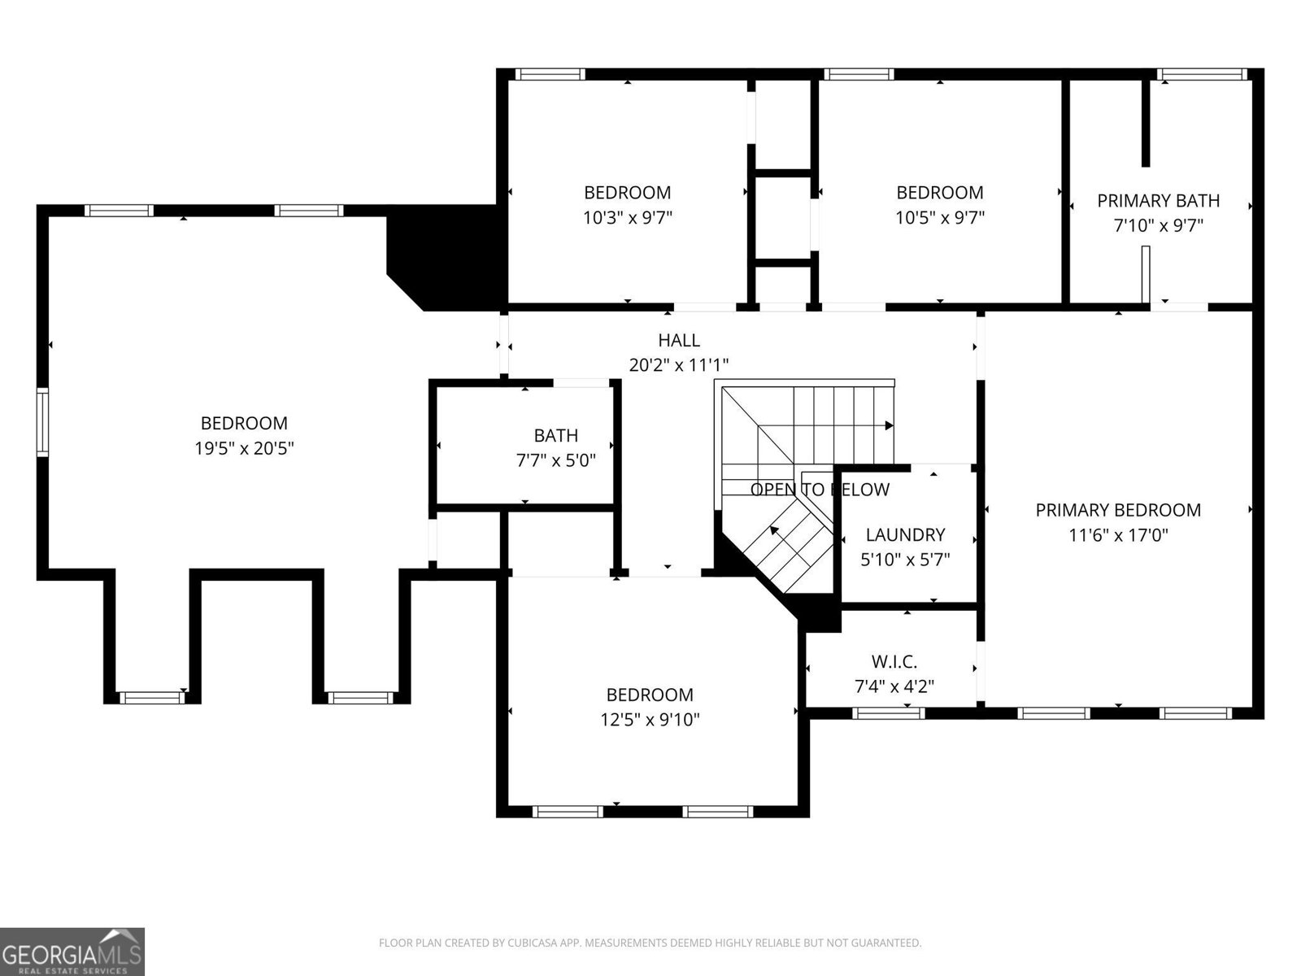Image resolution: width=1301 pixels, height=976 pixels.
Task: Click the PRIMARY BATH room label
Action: (x=1158, y=200)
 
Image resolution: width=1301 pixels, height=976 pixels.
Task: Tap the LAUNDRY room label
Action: (x=905, y=534)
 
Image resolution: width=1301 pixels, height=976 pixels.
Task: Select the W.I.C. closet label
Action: (x=894, y=661)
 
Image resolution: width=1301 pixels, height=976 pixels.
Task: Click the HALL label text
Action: (x=678, y=340)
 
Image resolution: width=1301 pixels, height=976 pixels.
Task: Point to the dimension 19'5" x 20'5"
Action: (x=244, y=448)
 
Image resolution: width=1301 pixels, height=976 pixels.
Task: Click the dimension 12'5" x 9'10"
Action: (x=650, y=720)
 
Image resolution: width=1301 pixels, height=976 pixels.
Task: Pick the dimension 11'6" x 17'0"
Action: (x=1118, y=535)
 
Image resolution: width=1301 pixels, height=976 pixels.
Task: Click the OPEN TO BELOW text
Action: (x=820, y=490)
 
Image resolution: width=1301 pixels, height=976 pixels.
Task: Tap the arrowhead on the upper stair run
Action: (x=889, y=425)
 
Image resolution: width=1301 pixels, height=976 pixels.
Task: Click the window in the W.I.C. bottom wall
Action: (x=888, y=713)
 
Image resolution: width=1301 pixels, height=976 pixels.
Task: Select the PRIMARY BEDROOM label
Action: (x=1118, y=510)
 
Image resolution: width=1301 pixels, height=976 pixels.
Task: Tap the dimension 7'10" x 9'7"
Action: (x=1158, y=225)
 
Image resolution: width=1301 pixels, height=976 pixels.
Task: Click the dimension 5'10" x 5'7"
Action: (x=905, y=560)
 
